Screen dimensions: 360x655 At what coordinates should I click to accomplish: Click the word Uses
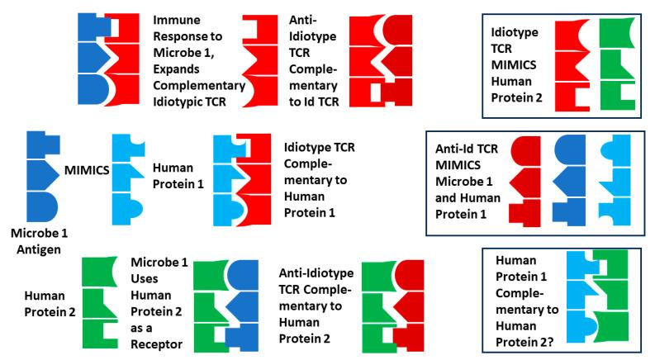pyautogui.click(x=144, y=281)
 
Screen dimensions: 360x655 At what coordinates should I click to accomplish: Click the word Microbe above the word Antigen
pyautogui.click(x=28, y=233)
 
